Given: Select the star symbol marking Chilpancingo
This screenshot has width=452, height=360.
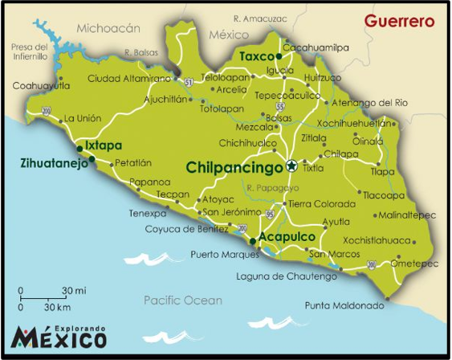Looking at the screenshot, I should point(291,167).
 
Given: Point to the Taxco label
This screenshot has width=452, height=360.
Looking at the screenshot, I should point(256,56).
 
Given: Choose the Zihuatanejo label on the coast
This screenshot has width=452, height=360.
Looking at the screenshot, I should point(54,163).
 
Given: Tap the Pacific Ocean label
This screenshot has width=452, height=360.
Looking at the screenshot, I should point(182,300).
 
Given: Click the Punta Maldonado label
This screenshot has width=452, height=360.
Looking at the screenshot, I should point(344,305).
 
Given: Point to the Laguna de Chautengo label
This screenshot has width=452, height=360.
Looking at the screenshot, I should point(287,276).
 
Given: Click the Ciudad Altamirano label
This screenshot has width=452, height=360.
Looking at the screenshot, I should point(129,78).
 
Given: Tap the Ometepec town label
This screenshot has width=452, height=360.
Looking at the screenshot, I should point(413,263).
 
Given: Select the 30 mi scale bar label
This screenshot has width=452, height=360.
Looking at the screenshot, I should point(74,290).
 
